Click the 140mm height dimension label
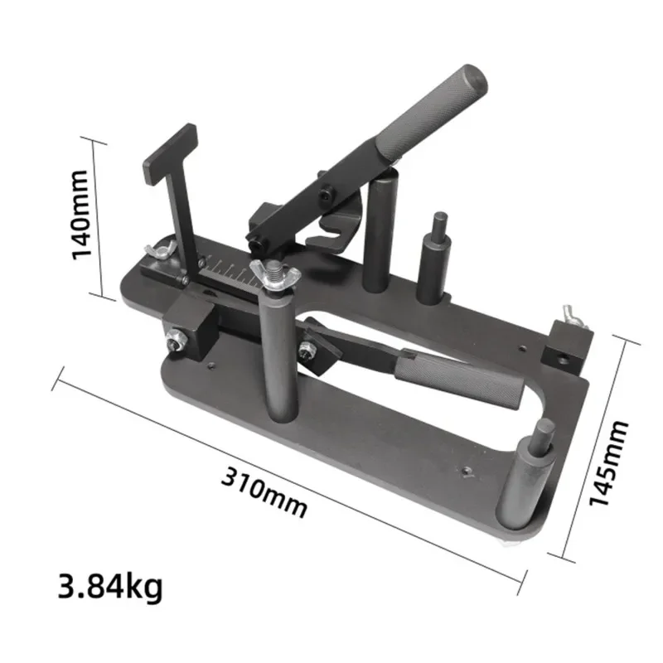click(x=81, y=214)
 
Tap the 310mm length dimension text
click(x=264, y=491)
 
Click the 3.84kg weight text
click(x=111, y=587)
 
